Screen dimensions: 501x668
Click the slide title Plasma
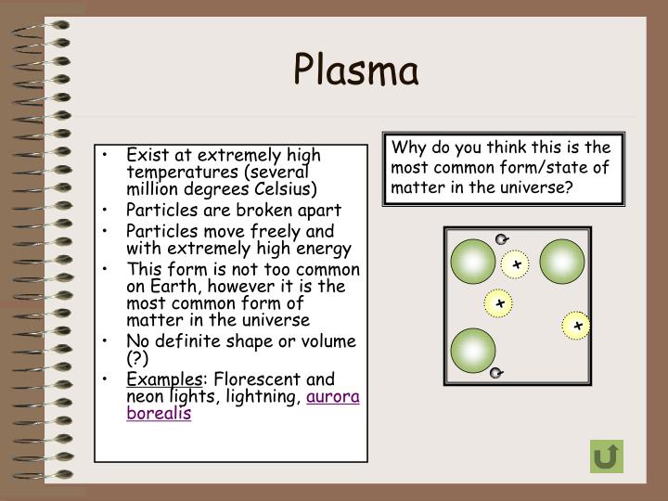click(356, 71)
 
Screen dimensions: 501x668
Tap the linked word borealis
click(159, 414)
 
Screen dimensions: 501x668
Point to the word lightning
click(265, 396)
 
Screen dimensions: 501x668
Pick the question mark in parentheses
click(137, 359)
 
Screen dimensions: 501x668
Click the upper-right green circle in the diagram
click(562, 262)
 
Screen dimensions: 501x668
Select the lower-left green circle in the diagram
click(473, 351)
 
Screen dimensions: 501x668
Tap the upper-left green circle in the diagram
click(473, 262)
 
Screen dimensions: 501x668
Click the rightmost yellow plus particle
click(576, 326)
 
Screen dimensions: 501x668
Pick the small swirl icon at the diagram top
click(501, 239)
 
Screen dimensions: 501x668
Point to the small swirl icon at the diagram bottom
click(496, 374)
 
